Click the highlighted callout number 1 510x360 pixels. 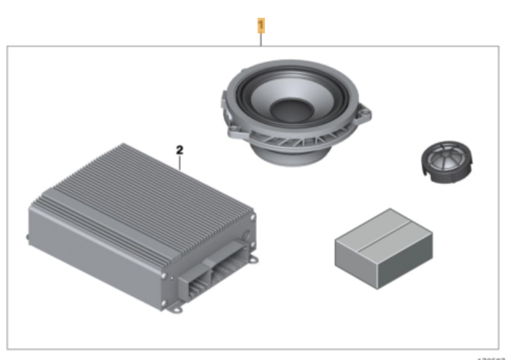click(x=261, y=25)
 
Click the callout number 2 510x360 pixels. click(x=179, y=150)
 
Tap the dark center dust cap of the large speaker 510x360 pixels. click(x=292, y=110)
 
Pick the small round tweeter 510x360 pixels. click(x=444, y=162)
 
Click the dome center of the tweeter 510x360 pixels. click(x=445, y=155)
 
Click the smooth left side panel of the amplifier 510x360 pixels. click(x=94, y=250)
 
